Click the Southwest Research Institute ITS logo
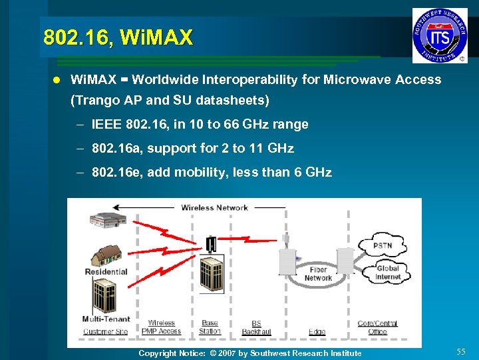coord(440,35)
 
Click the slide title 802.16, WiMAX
coord(117,37)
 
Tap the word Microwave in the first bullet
coord(357,80)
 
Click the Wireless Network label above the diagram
coord(214,207)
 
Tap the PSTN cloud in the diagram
coord(383,245)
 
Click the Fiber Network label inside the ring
coord(318,274)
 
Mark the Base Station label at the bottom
coord(210,327)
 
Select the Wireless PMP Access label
coord(161,327)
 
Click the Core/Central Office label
coord(377,327)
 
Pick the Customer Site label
coord(106,331)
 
